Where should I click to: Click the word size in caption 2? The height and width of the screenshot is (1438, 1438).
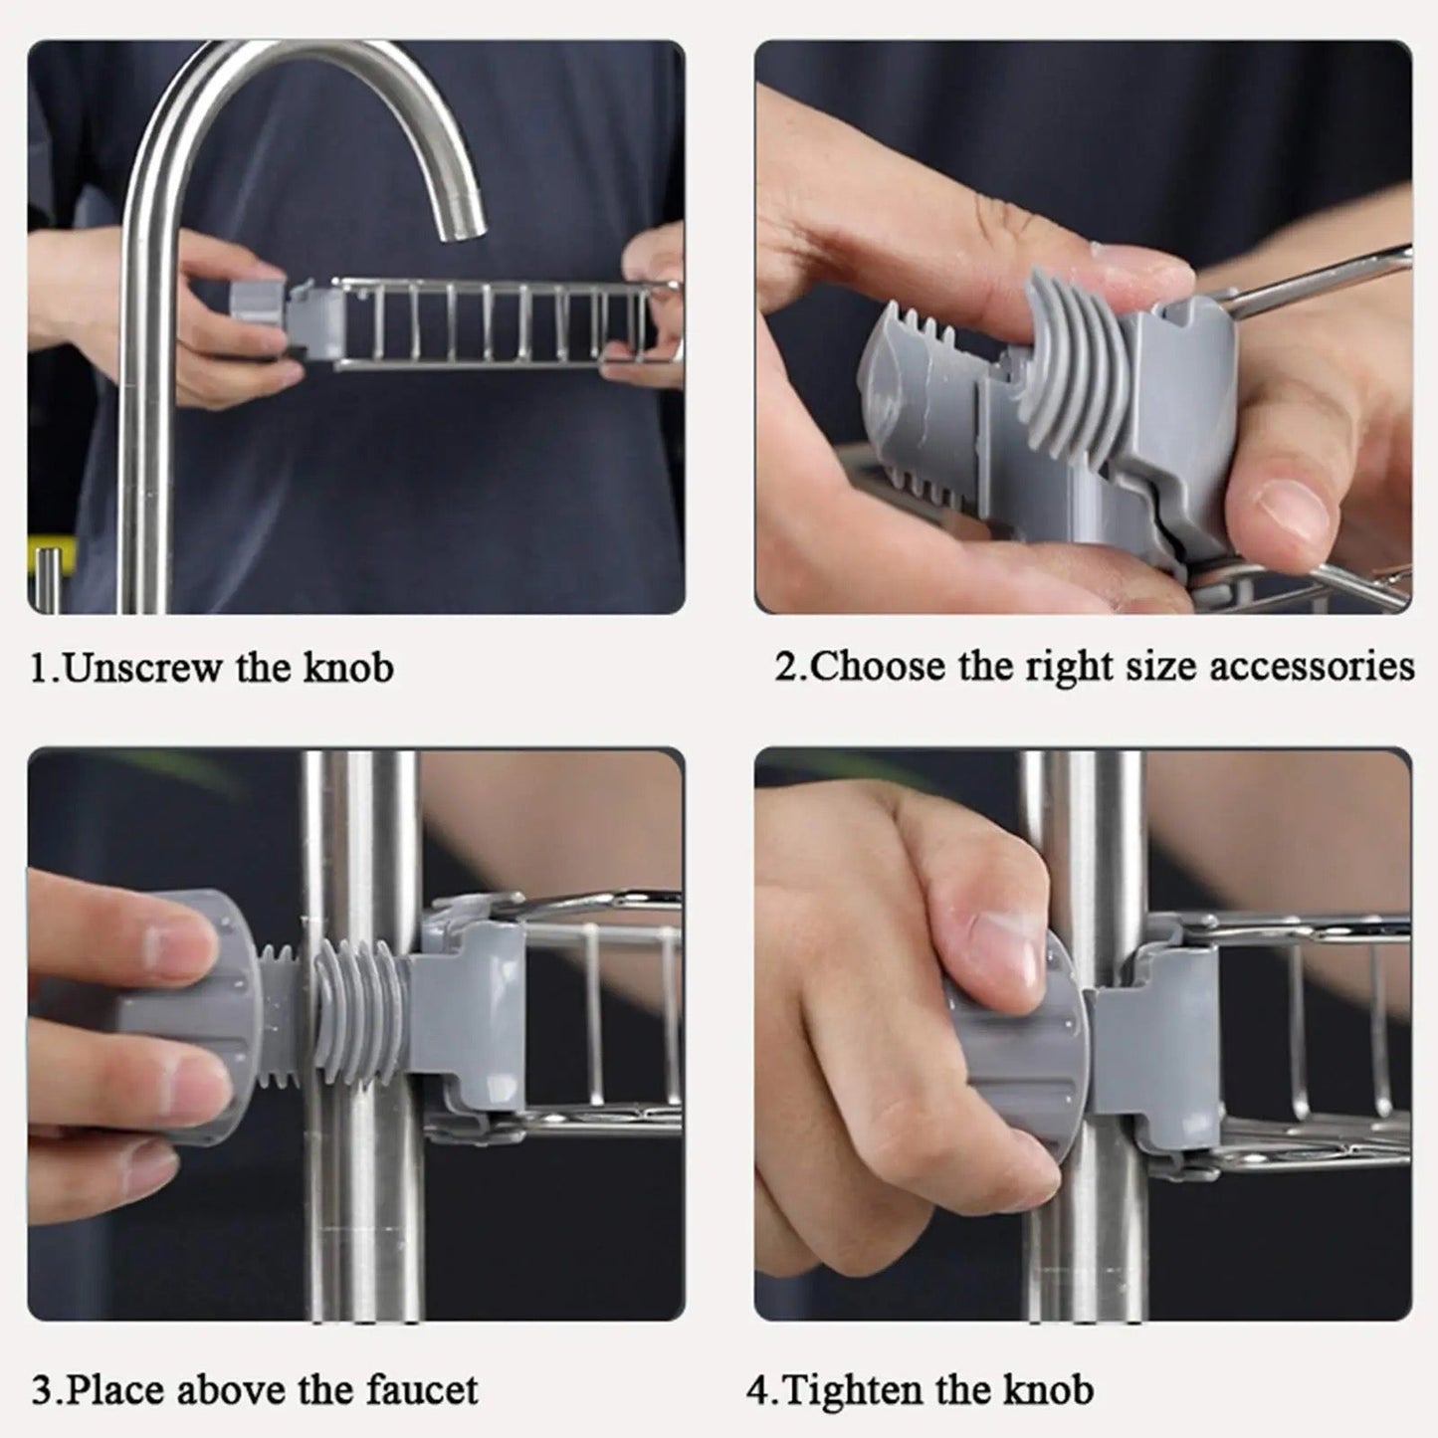(1162, 666)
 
